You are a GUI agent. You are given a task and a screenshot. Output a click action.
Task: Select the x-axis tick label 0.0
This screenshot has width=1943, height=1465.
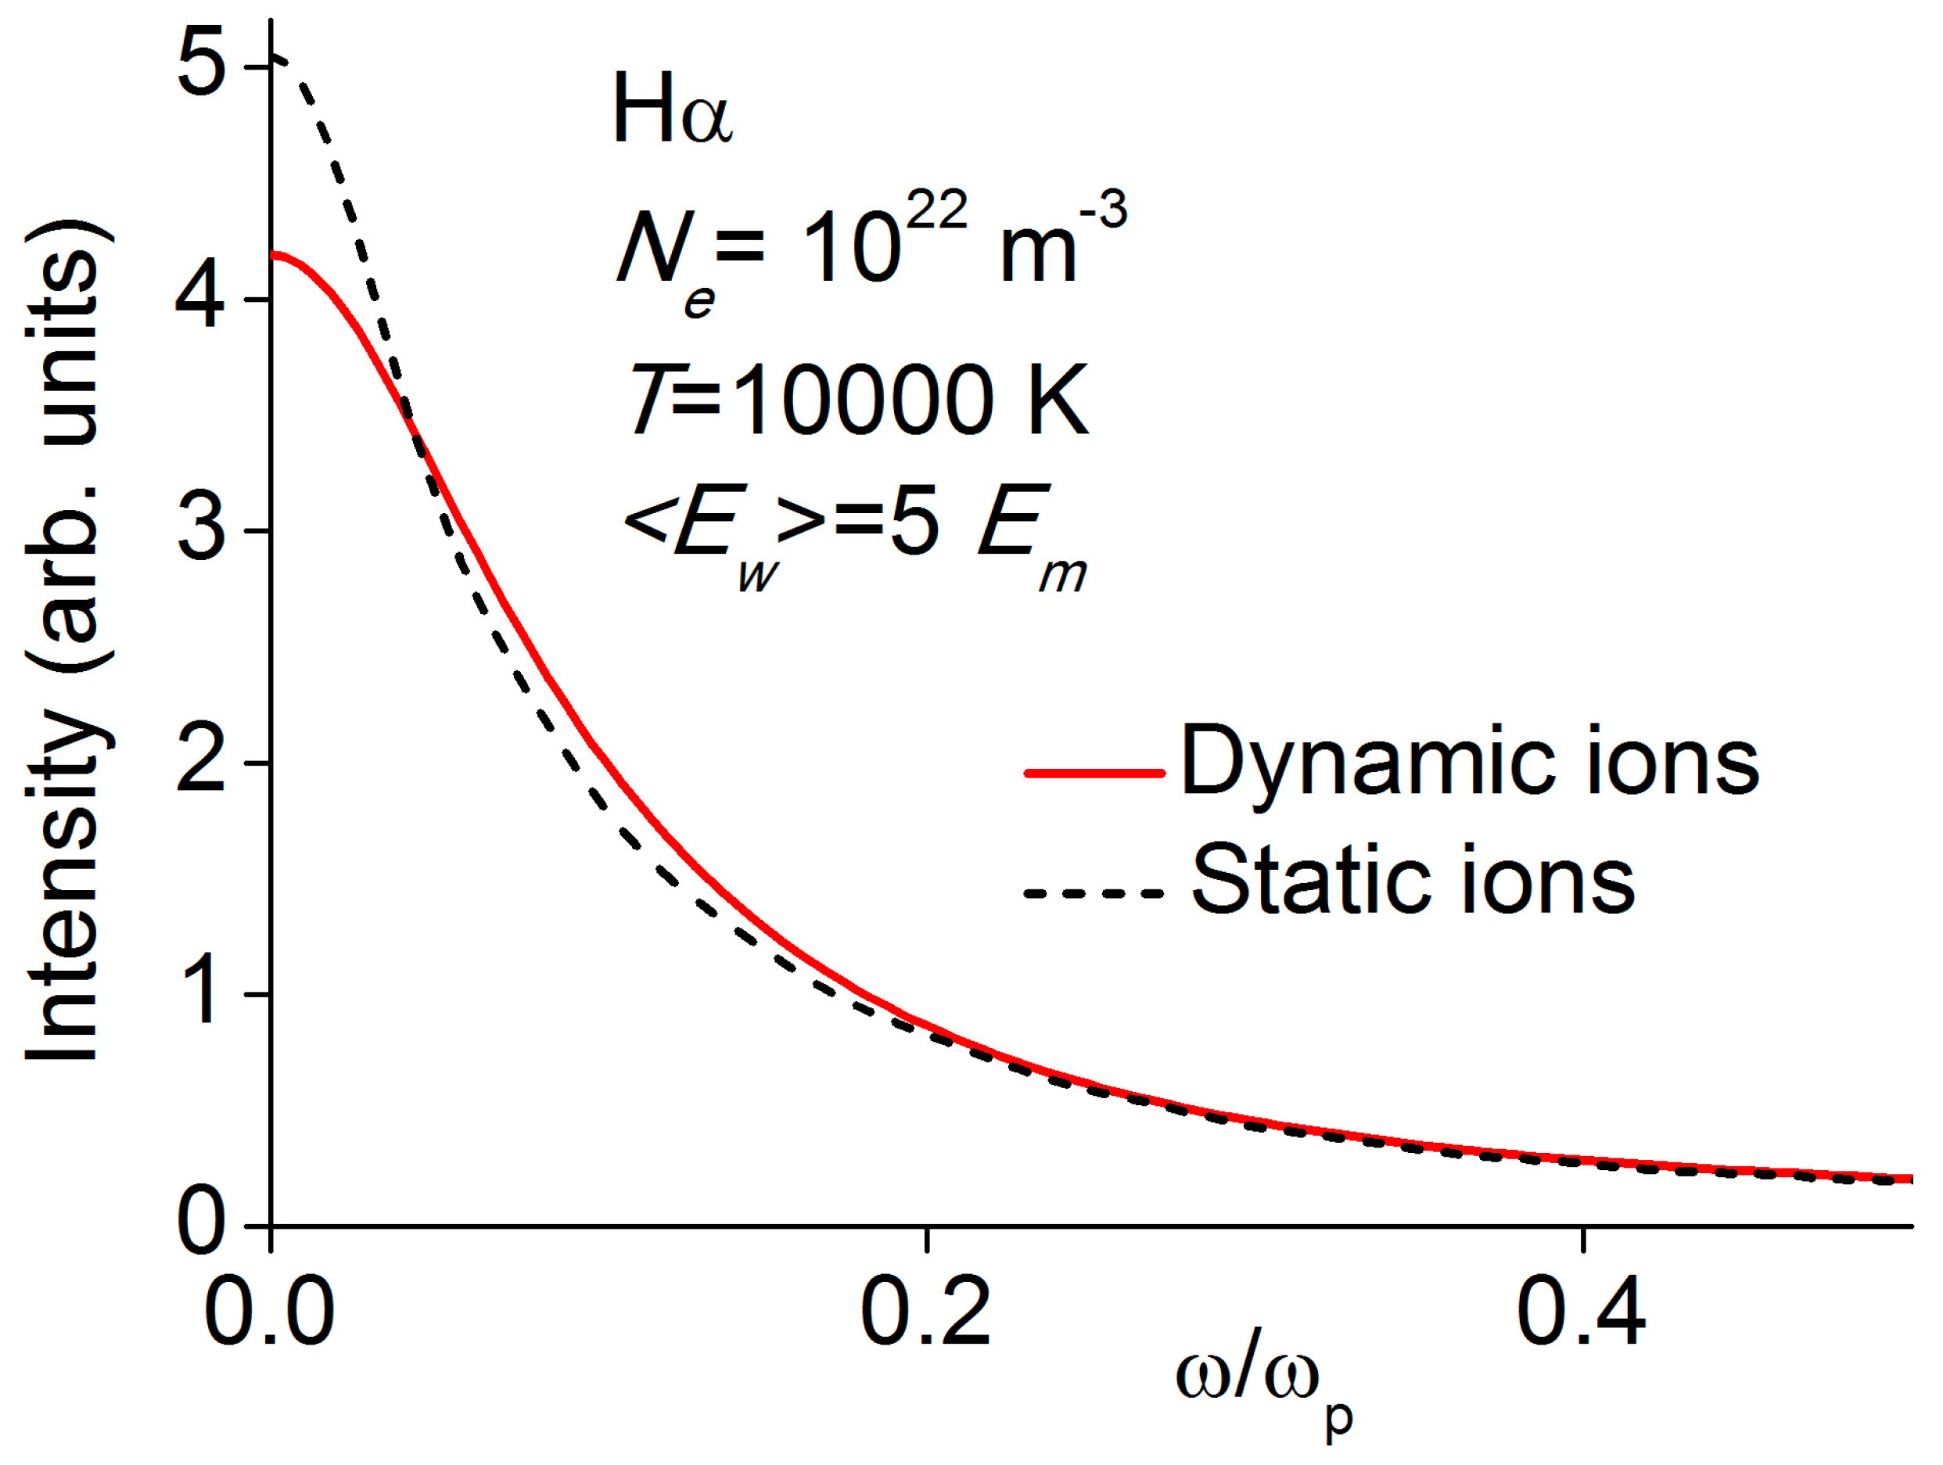tap(270, 1313)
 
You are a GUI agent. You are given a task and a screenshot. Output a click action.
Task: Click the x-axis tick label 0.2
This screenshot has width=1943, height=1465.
tap(926, 1313)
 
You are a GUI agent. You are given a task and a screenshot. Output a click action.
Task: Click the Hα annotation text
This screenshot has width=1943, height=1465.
tap(672, 110)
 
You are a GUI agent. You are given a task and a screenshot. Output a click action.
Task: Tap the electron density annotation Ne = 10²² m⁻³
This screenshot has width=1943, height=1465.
tap(870, 250)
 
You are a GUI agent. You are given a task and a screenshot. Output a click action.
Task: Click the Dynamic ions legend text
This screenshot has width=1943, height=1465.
tap(1469, 760)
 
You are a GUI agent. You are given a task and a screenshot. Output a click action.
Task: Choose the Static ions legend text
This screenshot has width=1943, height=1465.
tap(1413, 879)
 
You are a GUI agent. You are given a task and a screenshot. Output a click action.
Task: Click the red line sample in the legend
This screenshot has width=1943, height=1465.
tap(1094, 773)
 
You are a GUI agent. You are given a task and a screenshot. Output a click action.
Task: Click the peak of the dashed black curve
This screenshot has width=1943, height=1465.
tap(274, 58)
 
